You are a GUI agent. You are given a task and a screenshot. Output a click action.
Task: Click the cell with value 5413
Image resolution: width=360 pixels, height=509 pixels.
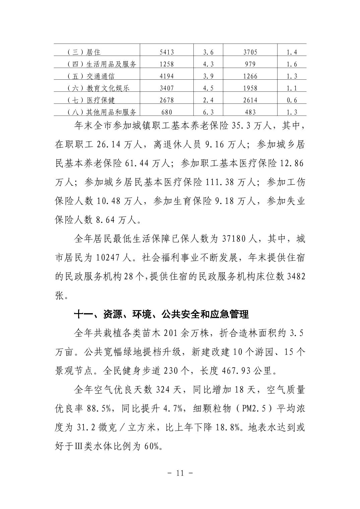tap(167, 52)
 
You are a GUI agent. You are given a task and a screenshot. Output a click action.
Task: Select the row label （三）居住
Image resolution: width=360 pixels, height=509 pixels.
tap(84, 52)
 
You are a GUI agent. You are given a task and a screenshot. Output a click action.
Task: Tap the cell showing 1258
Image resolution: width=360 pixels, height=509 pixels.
tap(167, 64)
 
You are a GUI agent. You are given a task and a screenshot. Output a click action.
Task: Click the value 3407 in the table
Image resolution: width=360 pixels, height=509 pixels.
tap(167, 88)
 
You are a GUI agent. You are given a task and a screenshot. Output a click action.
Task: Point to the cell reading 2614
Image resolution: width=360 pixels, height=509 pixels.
tap(250, 100)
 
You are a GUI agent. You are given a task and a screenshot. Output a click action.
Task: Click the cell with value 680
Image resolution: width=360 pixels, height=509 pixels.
tap(167, 112)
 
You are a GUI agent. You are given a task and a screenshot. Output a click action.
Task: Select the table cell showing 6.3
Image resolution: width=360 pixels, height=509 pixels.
tap(208, 112)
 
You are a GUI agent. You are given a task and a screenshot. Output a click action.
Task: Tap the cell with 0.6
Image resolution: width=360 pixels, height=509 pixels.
tap(292, 100)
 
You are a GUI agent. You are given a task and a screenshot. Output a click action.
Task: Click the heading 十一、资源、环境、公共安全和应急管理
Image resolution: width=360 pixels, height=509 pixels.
tap(161, 314)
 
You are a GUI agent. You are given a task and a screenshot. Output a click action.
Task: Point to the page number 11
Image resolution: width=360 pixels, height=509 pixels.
tap(180, 473)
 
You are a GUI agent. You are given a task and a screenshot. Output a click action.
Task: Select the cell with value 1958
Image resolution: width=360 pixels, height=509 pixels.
tap(250, 88)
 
